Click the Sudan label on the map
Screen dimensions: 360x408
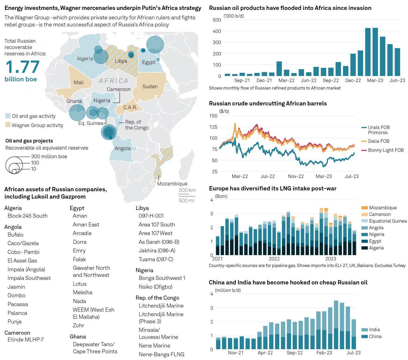click(x=150, y=86)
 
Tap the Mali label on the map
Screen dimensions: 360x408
click(x=79, y=83)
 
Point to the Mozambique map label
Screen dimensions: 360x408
click(x=172, y=184)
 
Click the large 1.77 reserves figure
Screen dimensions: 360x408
click(x=23, y=67)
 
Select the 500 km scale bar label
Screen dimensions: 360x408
click(x=187, y=190)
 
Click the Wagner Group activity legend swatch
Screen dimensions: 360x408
click(x=8, y=125)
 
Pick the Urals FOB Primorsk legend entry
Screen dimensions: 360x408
click(x=379, y=130)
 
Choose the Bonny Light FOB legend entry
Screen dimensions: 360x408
click(x=386, y=150)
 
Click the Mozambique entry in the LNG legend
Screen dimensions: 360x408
click(x=382, y=208)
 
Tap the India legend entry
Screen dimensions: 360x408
click(x=374, y=330)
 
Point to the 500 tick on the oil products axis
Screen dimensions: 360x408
click(x=217, y=20)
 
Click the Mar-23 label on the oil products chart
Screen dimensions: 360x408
click(x=375, y=81)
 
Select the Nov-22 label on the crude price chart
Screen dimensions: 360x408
click(x=296, y=176)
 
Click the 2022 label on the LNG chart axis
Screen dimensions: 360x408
click(x=274, y=259)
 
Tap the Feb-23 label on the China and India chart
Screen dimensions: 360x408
click(x=324, y=353)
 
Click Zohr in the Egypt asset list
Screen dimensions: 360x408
click(x=78, y=325)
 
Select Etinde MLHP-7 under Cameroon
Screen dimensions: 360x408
click(x=25, y=340)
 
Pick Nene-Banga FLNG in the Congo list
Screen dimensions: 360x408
click(x=161, y=354)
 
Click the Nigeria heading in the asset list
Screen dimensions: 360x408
click(x=144, y=270)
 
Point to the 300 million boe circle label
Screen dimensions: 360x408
click(x=49, y=156)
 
